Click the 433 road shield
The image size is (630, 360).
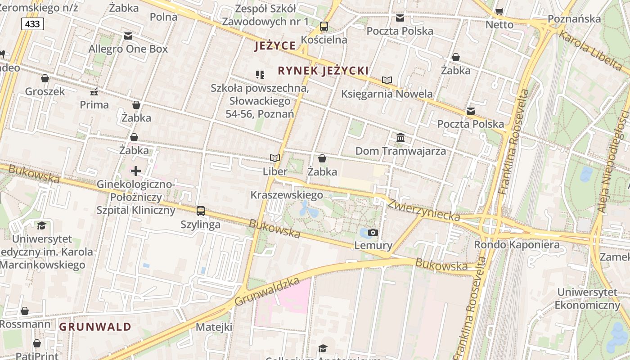(32, 24)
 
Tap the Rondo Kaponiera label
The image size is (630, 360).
(517, 245)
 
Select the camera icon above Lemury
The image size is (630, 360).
(373, 233)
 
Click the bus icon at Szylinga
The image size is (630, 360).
(201, 211)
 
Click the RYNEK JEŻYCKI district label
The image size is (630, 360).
(323, 71)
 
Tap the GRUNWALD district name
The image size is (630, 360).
(95, 327)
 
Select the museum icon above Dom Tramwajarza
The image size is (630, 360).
(400, 137)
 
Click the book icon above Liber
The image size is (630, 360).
(275, 158)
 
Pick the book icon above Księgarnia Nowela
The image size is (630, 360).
(387, 81)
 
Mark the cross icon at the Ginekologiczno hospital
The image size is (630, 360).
(136, 171)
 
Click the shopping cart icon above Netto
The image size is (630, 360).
(499, 11)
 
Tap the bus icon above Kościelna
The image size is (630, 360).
(324, 27)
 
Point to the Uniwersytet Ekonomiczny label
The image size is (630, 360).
(587, 298)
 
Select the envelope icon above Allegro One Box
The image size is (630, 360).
(128, 36)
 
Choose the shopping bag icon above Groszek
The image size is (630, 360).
(45, 78)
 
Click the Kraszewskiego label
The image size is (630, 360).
(287, 195)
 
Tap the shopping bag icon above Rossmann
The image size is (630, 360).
(25, 311)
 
